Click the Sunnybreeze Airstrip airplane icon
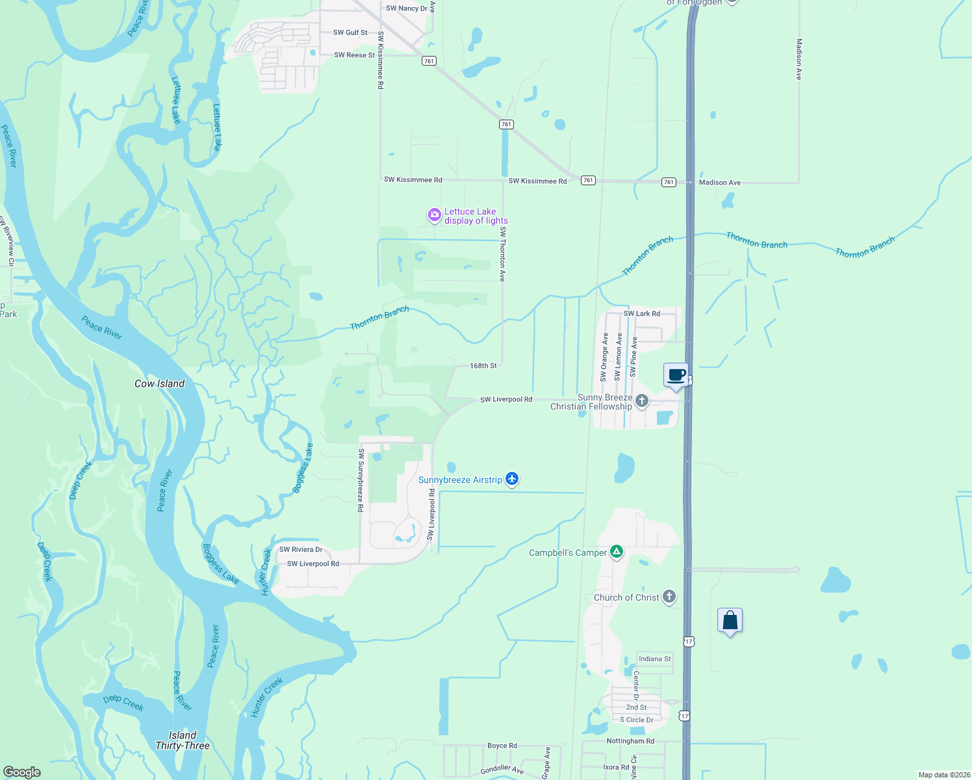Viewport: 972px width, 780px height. coord(512,479)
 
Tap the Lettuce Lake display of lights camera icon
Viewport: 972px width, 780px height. coord(433,214)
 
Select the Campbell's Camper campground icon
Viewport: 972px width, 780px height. coord(617,552)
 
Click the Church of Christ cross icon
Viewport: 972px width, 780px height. coord(669,597)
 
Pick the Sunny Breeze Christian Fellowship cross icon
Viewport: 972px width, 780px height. coord(642,400)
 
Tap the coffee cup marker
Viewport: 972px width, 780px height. coord(676,376)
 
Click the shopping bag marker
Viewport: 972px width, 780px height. coord(730,621)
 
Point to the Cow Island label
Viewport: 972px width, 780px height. coord(159,383)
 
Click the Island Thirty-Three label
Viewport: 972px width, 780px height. coord(183,740)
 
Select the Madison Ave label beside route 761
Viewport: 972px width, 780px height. coord(719,183)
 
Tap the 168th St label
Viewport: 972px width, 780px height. coord(483,366)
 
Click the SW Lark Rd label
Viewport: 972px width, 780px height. coord(641,313)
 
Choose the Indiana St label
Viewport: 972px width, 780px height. coord(654,658)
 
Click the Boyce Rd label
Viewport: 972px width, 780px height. coord(502,746)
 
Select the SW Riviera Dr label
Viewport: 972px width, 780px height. coord(300,549)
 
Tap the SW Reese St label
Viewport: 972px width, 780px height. coord(354,55)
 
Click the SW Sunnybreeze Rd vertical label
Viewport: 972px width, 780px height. coord(361,480)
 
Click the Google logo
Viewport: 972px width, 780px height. coord(22,772)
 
